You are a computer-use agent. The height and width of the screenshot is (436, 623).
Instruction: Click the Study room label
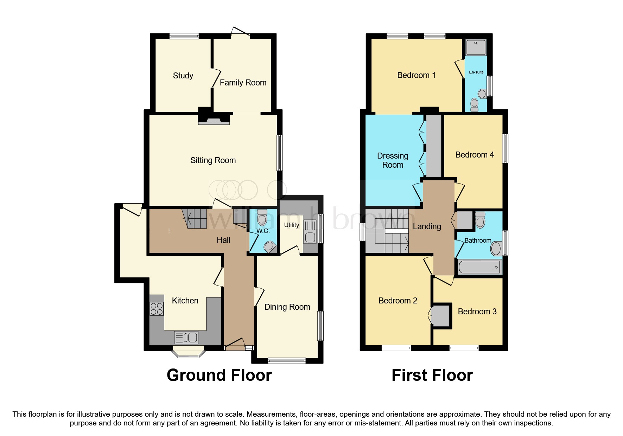coord(183,76)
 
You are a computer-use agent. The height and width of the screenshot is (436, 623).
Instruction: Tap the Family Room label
coord(243,83)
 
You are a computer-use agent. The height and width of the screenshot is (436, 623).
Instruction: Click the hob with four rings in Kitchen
coord(157,309)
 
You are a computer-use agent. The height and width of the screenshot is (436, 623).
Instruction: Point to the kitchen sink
coord(186,338)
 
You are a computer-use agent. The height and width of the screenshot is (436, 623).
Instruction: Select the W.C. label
coord(263,231)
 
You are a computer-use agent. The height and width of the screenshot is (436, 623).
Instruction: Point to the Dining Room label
coord(287,307)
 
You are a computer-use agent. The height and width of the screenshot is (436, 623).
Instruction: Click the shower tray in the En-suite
coord(476,47)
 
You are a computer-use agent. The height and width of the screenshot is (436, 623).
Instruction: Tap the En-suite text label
coord(476,72)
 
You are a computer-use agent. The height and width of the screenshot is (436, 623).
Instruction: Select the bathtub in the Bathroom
coord(479,267)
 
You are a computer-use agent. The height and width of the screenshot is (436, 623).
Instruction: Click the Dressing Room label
coord(393,160)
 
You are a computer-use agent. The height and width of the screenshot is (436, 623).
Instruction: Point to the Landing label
coord(427,226)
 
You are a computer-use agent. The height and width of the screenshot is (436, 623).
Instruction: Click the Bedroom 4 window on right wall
coord(505,148)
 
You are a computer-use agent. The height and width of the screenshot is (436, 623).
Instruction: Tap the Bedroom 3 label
coord(477,312)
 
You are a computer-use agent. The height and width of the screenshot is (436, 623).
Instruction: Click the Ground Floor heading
coord(219,375)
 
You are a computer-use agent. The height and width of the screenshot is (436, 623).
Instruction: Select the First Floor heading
coord(432,375)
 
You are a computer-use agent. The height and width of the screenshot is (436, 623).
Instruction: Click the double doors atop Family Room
coord(241,32)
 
